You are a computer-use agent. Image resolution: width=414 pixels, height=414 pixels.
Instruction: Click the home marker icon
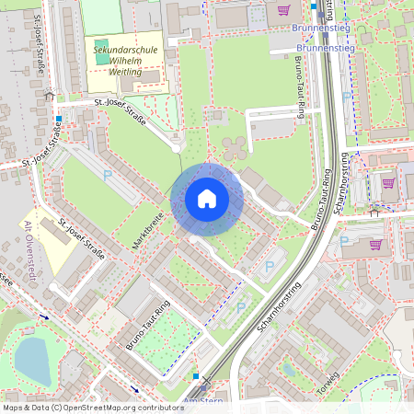click(207, 199)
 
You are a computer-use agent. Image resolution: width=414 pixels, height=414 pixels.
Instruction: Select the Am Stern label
click(203, 401)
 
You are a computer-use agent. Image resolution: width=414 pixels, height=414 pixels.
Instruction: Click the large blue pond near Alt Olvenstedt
click(33, 360)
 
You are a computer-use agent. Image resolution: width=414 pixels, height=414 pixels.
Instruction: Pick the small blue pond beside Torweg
click(288, 370)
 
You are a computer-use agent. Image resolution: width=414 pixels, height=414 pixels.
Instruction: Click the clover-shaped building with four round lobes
click(233, 146)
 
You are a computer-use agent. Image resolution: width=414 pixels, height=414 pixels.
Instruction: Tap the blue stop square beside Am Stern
click(195, 376)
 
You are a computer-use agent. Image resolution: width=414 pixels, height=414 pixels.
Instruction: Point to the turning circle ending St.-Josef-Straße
click(176, 145)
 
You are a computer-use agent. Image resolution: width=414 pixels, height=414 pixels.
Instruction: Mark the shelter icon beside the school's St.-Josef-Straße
click(49, 95)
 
